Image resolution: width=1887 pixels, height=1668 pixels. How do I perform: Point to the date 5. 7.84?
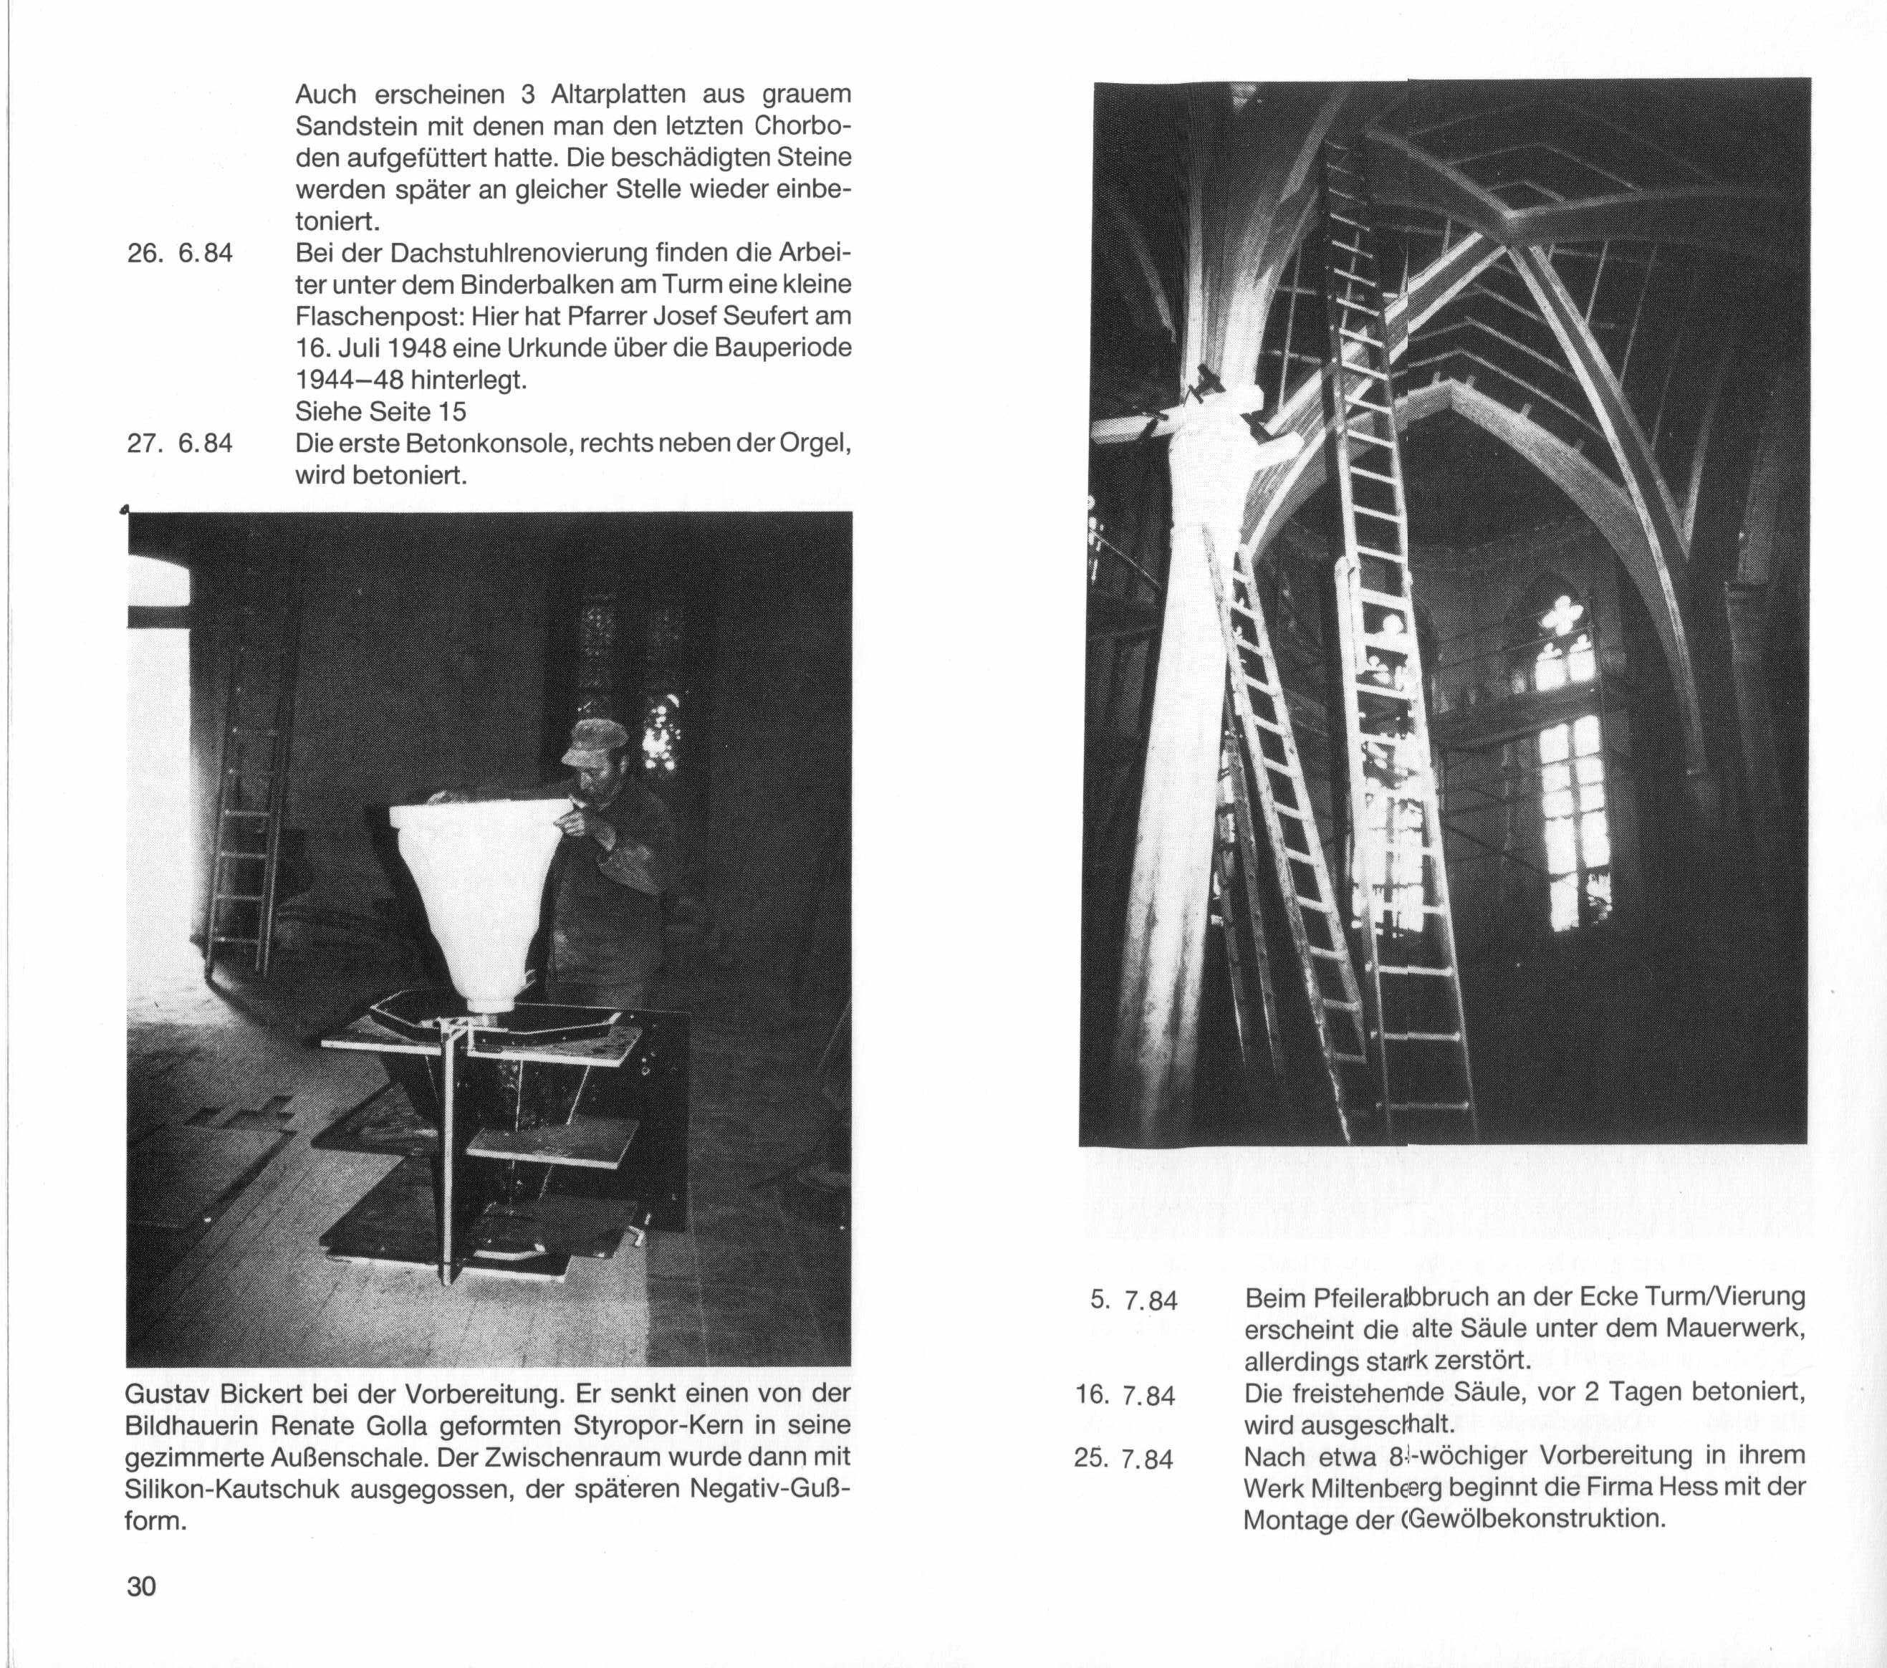tap(1133, 1300)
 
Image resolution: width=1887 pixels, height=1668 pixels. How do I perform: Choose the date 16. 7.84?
tap(1125, 1395)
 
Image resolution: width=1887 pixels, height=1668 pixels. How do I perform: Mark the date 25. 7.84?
tap(1125, 1459)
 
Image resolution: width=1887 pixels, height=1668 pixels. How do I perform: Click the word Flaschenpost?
tap(377, 317)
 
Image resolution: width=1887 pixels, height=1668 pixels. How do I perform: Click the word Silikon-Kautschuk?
tap(231, 1489)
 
